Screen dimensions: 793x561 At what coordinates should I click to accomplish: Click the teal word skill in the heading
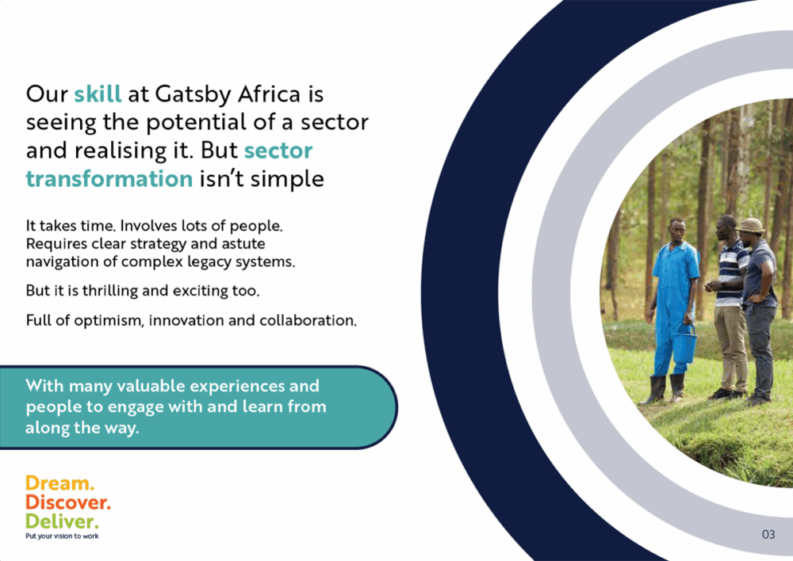(98, 94)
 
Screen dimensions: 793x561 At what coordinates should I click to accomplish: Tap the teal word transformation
(109, 179)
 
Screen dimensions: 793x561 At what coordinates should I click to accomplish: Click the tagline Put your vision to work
(62, 536)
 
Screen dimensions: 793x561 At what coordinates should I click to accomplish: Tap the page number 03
(768, 534)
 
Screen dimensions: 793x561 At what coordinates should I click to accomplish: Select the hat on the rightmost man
(750, 225)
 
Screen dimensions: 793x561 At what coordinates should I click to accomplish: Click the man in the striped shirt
(728, 307)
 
